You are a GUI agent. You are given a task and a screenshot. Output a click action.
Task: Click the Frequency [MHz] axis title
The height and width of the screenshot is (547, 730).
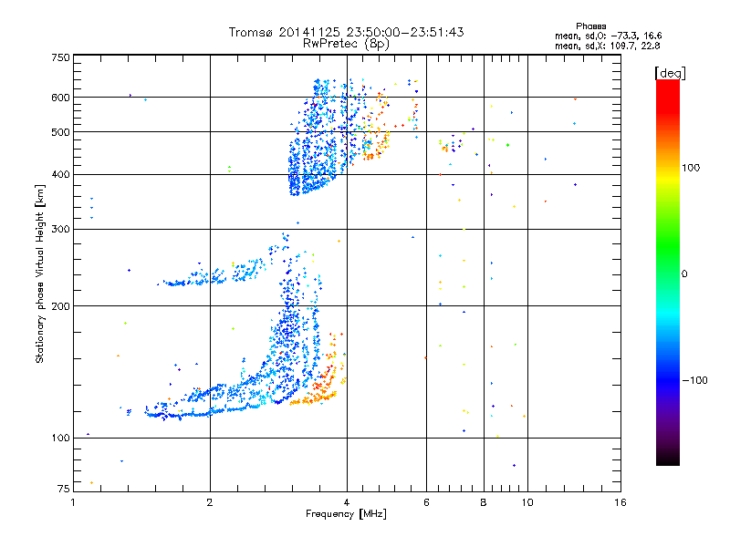[346, 514]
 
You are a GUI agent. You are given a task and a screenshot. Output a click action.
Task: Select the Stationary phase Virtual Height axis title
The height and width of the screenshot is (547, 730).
[40, 273]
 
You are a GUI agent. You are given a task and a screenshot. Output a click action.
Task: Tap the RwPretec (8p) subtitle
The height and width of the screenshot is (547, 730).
[346, 43]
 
